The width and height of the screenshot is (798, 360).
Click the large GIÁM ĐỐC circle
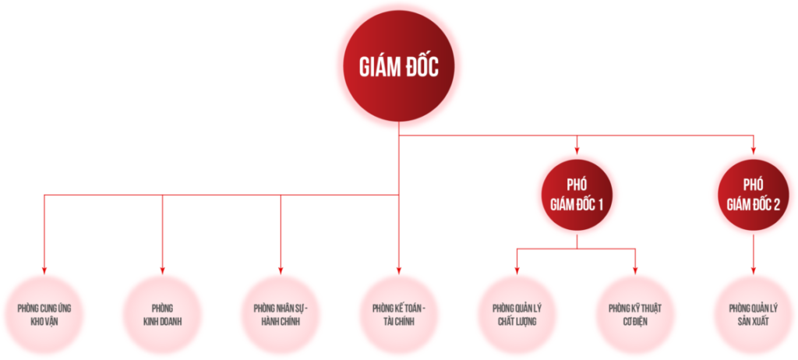pyautogui.click(x=399, y=67)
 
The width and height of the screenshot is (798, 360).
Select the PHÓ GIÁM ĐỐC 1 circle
pyautogui.click(x=577, y=195)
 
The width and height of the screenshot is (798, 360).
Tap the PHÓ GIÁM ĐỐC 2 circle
pyautogui.click(x=754, y=195)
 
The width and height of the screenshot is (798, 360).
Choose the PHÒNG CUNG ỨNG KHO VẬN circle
pyautogui.click(x=44, y=313)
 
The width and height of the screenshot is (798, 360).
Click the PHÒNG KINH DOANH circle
pyautogui.click(x=163, y=313)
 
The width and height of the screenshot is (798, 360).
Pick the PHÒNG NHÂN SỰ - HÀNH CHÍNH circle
pyautogui.click(x=281, y=313)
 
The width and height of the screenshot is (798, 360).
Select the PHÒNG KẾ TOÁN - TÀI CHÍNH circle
pyautogui.click(x=399, y=313)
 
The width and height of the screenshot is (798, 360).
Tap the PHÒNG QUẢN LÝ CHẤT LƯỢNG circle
pyautogui.click(x=517, y=313)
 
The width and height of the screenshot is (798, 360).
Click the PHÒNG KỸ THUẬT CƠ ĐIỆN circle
pyautogui.click(x=635, y=313)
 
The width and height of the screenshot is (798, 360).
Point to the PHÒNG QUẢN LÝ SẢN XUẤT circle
pyautogui.click(x=754, y=313)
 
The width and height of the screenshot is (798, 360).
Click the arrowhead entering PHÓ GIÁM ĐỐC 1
pyautogui.click(x=577, y=148)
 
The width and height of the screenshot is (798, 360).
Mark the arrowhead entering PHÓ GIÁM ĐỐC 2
pyautogui.click(x=754, y=148)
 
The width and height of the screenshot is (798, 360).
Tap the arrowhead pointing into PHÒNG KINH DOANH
pyautogui.click(x=163, y=269)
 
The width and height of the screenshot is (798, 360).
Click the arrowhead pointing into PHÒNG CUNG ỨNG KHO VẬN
pyautogui.click(x=44, y=269)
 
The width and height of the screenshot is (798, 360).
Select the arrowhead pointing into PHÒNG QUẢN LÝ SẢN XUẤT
pyautogui.click(x=754, y=269)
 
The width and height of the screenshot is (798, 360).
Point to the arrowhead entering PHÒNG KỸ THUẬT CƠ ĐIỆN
pyautogui.click(x=635, y=269)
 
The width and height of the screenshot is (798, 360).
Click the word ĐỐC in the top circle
pyautogui.click(x=421, y=68)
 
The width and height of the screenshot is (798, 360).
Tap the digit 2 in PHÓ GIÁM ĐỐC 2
pyautogui.click(x=775, y=205)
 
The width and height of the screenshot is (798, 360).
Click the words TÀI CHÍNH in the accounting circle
pyautogui.click(x=399, y=321)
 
